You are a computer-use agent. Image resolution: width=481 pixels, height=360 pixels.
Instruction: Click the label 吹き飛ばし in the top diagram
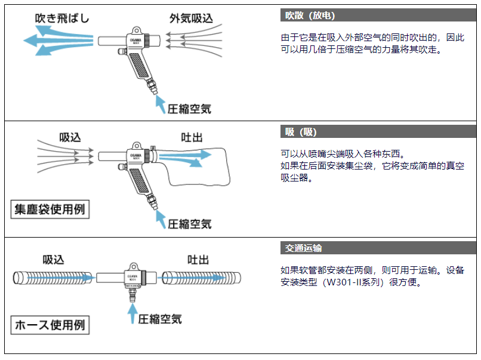point(61,19)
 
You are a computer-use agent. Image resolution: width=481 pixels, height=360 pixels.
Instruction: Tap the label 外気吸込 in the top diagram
point(191,19)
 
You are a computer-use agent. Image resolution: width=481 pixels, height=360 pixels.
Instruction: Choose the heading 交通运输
point(304,248)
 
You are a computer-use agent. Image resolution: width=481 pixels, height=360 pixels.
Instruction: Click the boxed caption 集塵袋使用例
point(50,210)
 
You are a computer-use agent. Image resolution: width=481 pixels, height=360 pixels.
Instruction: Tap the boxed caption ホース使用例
point(50,326)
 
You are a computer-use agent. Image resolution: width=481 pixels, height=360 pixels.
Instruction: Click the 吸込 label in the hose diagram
point(53,260)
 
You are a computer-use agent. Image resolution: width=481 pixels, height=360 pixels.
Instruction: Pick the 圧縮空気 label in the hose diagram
point(160,319)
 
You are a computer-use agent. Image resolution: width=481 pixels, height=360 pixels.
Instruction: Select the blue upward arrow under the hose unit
point(131,313)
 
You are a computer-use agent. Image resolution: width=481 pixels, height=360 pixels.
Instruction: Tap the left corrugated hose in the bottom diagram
point(54,278)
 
